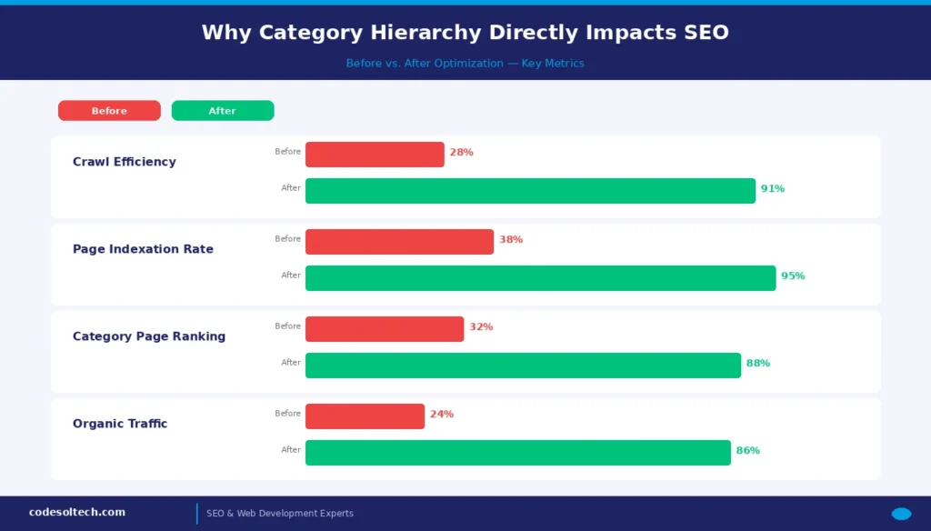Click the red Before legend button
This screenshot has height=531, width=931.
click(x=109, y=111)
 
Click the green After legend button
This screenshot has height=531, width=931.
click(x=222, y=111)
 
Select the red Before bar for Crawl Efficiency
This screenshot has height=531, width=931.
click(x=375, y=155)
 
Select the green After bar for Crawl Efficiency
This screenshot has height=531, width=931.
click(x=530, y=191)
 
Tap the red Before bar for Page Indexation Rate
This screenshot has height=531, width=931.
click(x=399, y=242)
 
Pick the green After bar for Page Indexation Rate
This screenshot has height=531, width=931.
click(x=540, y=278)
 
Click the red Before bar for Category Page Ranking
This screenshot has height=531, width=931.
click(x=385, y=329)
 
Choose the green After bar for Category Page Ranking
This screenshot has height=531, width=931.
click(x=523, y=366)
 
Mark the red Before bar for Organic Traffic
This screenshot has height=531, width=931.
click(x=365, y=416)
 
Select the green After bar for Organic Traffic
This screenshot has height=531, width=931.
click(x=518, y=453)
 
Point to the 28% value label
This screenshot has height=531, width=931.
click(x=461, y=153)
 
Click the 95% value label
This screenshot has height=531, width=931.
click(x=793, y=276)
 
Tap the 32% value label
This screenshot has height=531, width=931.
click(x=481, y=327)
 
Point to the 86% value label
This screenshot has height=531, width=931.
click(x=747, y=451)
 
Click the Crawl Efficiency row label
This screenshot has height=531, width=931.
click(x=125, y=162)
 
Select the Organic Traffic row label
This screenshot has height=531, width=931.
click(x=120, y=424)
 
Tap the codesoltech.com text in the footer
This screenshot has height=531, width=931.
click(x=77, y=513)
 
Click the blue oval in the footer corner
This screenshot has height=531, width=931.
click(x=901, y=514)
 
